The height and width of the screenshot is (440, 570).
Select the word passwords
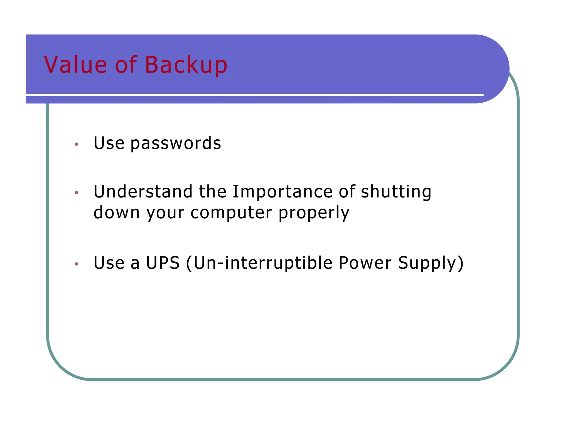pyautogui.click(x=176, y=144)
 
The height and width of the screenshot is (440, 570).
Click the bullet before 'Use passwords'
pyautogui.click(x=77, y=144)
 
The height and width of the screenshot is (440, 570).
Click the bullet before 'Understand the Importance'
pyautogui.click(x=77, y=192)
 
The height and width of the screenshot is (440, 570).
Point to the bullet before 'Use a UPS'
pyautogui.click(x=77, y=264)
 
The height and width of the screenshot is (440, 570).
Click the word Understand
pyautogui.click(x=143, y=192)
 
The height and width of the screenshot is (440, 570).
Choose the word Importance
pyautogui.click(x=282, y=192)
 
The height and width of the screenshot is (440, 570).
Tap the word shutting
pyautogui.click(x=396, y=192)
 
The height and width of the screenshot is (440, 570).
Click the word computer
pyautogui.click(x=231, y=213)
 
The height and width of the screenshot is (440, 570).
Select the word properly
pyautogui.click(x=314, y=213)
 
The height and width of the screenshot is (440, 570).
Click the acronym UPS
pyautogui.click(x=163, y=263)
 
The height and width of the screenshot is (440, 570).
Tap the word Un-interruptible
pyautogui.click(x=263, y=263)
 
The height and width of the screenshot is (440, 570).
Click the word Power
pyautogui.click(x=365, y=263)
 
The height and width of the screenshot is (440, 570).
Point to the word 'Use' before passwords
pyautogui.click(x=109, y=143)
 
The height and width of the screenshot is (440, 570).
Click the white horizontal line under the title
pyautogui.click(x=250, y=95)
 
